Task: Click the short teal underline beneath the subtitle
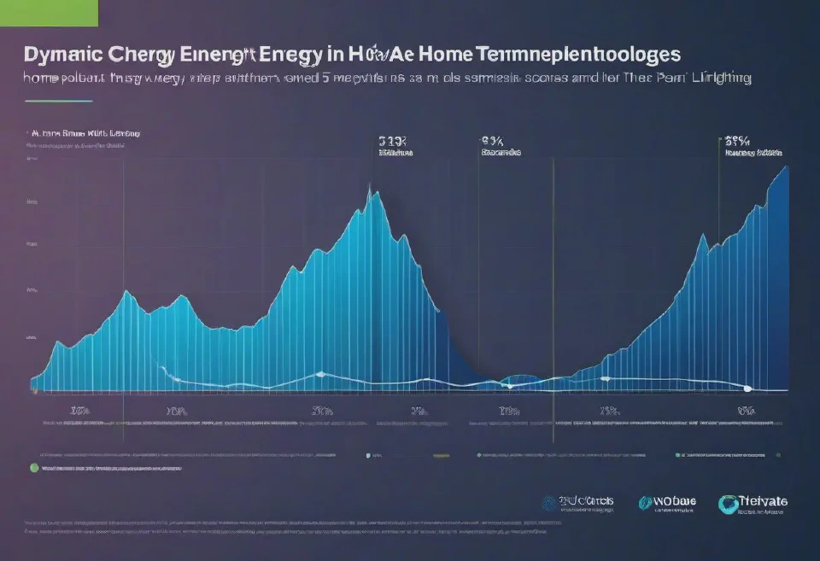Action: tap(57, 101)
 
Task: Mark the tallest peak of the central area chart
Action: tap(371, 189)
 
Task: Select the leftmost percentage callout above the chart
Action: tap(393, 142)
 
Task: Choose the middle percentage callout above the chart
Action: tap(493, 142)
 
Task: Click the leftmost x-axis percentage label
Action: tap(79, 411)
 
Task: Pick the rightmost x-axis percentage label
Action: tap(747, 411)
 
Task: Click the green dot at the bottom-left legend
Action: tap(34, 468)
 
